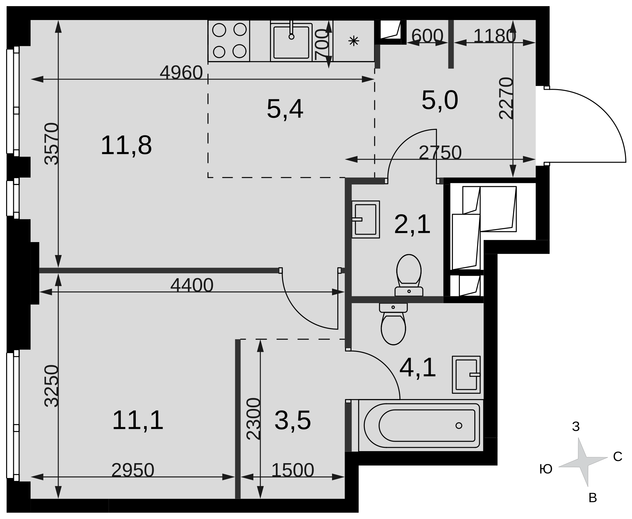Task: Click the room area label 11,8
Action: pos(126,145)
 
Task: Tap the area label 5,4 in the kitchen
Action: pos(285,109)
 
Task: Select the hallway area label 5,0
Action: pos(440,100)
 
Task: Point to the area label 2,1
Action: pos(412,224)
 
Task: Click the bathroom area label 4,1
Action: pos(418,368)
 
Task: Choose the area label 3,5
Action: pos(293,421)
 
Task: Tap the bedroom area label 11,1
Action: pos(138,420)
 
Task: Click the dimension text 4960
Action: pos(181,73)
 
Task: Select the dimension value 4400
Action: pos(192,285)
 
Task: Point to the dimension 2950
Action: pos(133,470)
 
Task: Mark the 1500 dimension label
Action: pos(293,470)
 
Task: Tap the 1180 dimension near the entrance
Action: pos(495,36)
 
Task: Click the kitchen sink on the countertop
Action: pos(291,41)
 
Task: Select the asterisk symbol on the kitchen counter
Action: pos(354,41)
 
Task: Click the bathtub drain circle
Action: pos(459,426)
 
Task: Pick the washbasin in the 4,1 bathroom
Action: pos(466,375)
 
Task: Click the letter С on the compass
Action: pos(617,457)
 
